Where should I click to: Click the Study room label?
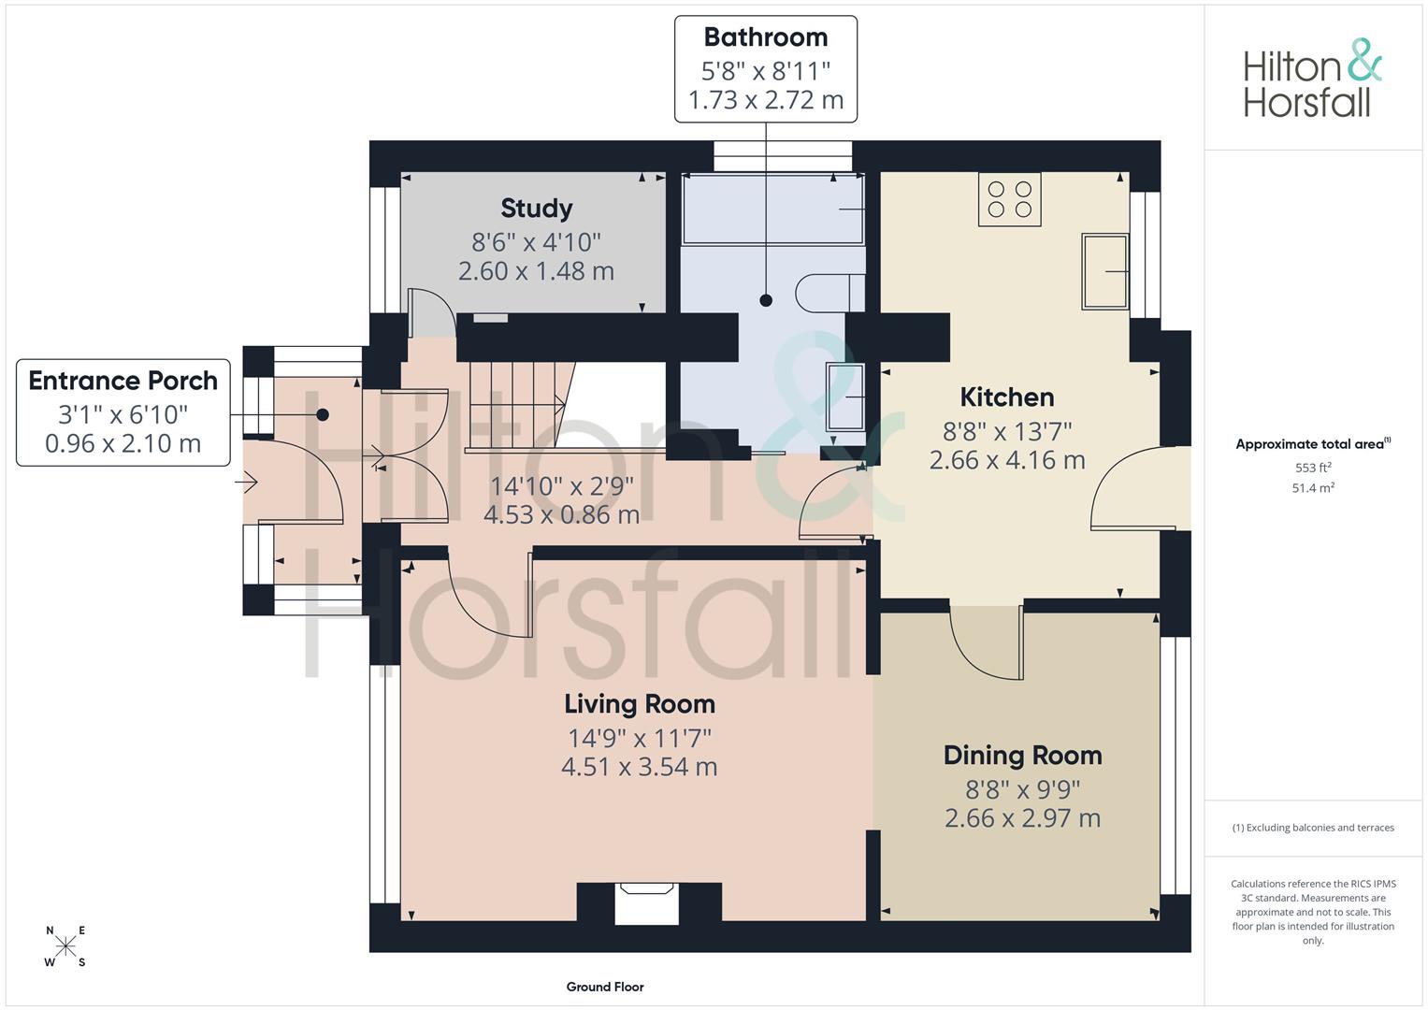[x=536, y=208]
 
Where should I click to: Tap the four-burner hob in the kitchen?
[x=1010, y=199]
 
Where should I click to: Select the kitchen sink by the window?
[x=1105, y=271]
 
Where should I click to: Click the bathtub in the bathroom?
[x=773, y=209]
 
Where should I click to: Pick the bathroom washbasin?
[x=845, y=397]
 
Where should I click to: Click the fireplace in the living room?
[x=647, y=902]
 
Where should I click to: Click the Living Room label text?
[x=640, y=704]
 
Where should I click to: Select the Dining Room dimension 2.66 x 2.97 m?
[x=1022, y=818]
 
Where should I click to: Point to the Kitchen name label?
[x=1007, y=397]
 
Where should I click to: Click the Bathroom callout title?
[x=766, y=37]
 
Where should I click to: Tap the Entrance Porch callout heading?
[x=123, y=381]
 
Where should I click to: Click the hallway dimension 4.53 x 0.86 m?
[x=562, y=514]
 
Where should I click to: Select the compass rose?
[x=65, y=945]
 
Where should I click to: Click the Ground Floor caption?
[x=605, y=987]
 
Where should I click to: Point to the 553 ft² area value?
[x=1313, y=468]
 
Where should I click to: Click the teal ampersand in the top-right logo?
[x=1364, y=60]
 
